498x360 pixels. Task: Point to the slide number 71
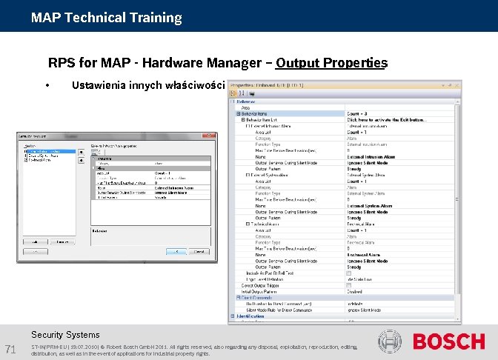click(x=11, y=350)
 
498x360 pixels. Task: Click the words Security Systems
click(x=65, y=335)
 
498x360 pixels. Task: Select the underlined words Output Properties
click(x=331, y=63)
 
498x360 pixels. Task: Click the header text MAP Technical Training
click(x=107, y=17)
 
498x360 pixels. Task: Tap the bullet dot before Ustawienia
click(x=47, y=85)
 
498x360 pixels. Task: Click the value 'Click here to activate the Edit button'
click(x=387, y=119)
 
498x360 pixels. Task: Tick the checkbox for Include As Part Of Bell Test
click(x=349, y=273)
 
